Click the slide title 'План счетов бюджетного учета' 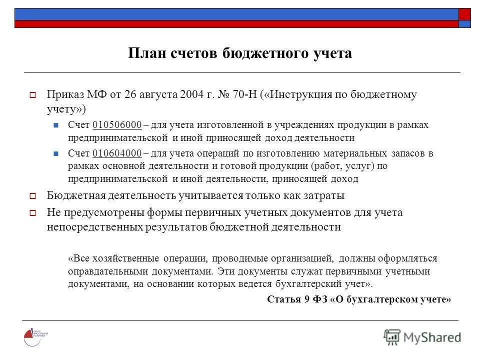click(240, 53)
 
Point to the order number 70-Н click(244, 94)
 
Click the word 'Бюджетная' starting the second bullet click(71, 195)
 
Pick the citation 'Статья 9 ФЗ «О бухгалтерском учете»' click(359, 299)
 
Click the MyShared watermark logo click(422, 336)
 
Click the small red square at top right click(464, 14)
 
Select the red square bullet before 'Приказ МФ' click(32, 95)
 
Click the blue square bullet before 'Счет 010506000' click(56, 125)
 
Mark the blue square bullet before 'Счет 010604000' click(56, 153)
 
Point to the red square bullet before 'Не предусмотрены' click(32, 213)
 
